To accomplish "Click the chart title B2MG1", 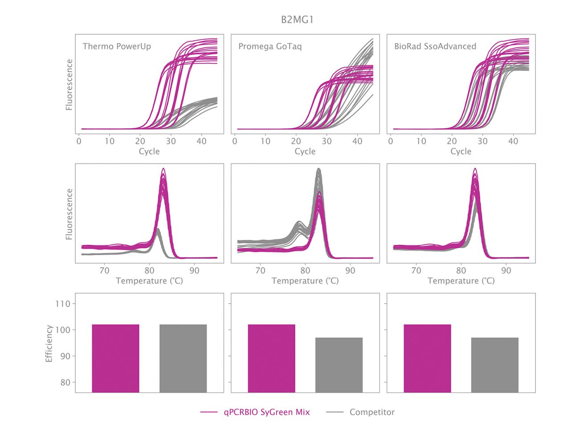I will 297,20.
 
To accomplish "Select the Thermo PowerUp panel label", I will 117,46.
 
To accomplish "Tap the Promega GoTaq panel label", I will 270,46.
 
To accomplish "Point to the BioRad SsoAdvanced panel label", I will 435,46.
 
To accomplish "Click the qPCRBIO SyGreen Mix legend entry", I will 266,412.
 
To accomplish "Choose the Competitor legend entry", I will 372,412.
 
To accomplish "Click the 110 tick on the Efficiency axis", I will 62,304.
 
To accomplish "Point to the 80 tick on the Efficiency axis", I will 65,382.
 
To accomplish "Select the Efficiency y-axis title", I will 49,343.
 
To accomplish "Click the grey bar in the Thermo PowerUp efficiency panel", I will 183,358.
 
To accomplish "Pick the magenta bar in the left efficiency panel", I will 115,358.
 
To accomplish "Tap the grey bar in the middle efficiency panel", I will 339,365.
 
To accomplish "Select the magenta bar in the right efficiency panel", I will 427,358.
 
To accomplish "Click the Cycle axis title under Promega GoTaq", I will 305,151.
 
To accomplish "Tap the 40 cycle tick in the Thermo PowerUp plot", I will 201,141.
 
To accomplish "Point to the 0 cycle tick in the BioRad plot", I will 391,141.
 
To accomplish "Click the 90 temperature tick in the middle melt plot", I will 350,270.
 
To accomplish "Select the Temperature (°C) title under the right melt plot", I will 461,281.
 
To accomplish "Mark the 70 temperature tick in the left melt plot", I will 104,270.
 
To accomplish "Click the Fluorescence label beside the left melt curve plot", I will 69,214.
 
